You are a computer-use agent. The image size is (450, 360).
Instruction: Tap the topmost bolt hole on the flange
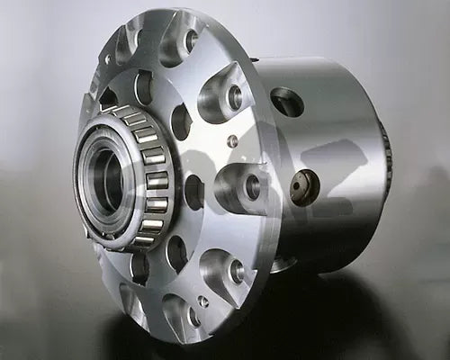190,40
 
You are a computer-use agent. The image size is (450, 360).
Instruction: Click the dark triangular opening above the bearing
109,95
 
